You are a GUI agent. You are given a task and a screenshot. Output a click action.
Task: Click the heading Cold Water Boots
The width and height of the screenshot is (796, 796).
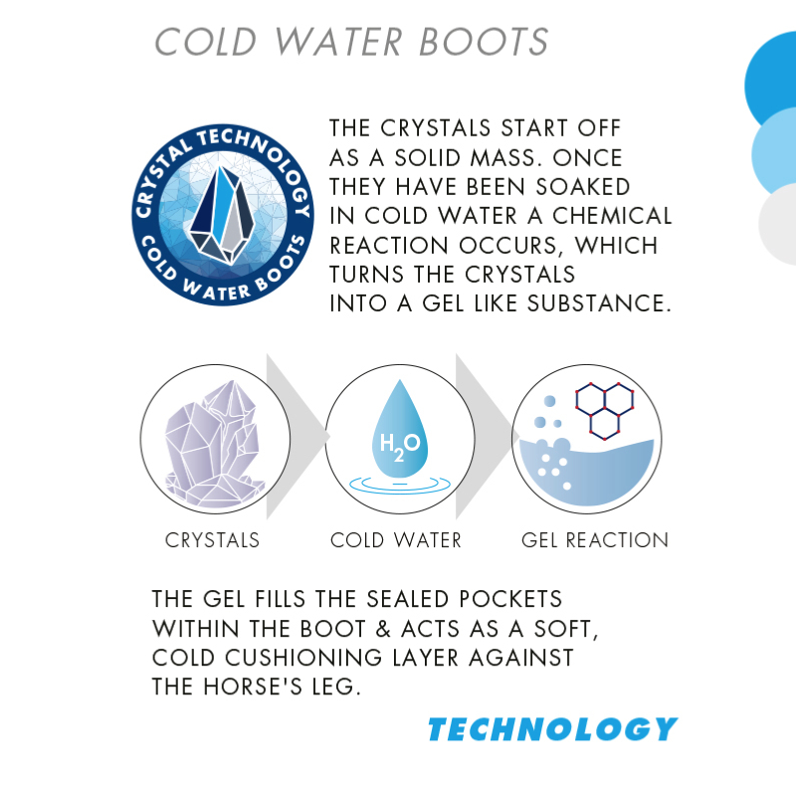click(351, 41)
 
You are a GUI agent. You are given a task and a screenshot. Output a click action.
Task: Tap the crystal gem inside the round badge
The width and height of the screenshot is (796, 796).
click(222, 215)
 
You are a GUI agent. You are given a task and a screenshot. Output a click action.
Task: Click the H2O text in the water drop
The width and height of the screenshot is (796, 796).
click(400, 445)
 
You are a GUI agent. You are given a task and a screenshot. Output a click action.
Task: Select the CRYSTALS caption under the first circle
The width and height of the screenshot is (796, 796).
click(212, 540)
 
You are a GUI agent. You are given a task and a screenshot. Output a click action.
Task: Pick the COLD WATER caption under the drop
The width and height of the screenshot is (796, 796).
click(396, 540)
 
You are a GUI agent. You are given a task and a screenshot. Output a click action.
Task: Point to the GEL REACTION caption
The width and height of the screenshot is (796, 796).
click(595, 540)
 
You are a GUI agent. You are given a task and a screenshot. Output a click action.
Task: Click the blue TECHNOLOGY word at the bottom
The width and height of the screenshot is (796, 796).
click(553, 729)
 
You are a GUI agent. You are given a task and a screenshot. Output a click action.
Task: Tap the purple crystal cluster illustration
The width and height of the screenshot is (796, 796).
click(214, 444)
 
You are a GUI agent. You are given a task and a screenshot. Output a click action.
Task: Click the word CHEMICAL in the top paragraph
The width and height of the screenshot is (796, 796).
click(612, 216)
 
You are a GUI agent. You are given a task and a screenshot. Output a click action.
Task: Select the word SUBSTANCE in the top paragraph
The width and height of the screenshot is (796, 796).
click(599, 303)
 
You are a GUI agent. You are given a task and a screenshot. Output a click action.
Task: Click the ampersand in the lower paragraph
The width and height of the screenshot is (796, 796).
click(383, 629)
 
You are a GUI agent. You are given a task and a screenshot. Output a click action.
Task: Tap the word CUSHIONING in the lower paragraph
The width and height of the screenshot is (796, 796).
click(303, 658)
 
